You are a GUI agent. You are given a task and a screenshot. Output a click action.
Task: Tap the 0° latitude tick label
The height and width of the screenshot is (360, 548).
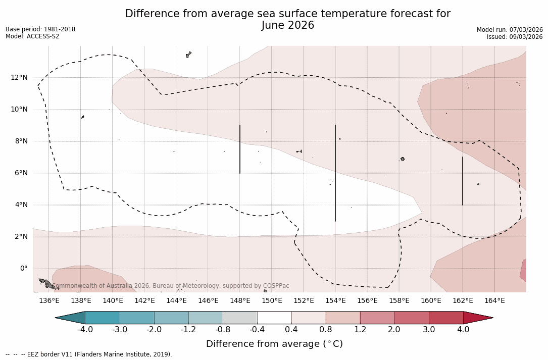pyautogui.click(x=24, y=268)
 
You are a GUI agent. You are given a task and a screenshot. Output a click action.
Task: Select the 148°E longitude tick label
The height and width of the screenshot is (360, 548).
pyautogui.click(x=240, y=301)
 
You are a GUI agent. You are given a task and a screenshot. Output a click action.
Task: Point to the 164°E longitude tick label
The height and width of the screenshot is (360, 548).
pyautogui.click(x=494, y=301)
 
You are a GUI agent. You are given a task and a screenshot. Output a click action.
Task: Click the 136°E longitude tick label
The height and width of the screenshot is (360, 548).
pyautogui.click(x=49, y=301)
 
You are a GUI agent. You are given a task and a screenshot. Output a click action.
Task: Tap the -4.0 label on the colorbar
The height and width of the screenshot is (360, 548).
pyautogui.click(x=85, y=330)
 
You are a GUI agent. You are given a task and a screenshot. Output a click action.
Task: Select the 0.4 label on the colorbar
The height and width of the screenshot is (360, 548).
pyautogui.click(x=291, y=330)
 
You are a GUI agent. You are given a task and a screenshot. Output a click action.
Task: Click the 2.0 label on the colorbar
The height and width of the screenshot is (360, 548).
pyautogui.click(x=394, y=330)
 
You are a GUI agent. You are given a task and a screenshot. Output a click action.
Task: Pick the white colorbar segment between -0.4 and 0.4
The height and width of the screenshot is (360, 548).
pyautogui.click(x=274, y=318)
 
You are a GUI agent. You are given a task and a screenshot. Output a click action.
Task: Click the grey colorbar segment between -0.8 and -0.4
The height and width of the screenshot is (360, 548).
pyautogui.click(x=240, y=318)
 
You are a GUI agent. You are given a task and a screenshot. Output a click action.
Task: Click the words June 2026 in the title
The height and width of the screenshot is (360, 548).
pyautogui.click(x=288, y=25)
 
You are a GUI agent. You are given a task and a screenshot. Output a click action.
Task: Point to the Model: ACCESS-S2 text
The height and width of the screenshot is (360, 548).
pyautogui.click(x=32, y=36)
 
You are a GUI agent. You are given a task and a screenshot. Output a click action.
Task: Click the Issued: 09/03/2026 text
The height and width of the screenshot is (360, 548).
pyautogui.click(x=515, y=37)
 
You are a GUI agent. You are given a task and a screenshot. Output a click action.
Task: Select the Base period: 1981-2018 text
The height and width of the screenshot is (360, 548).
pyautogui.click(x=40, y=29)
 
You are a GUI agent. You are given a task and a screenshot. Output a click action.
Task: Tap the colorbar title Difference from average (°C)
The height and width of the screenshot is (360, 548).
pyautogui.click(x=274, y=344)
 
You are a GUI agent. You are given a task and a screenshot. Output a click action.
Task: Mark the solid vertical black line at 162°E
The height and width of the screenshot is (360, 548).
pyautogui.click(x=463, y=181)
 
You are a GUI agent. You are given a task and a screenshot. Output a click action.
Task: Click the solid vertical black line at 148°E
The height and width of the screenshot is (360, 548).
pyautogui.click(x=240, y=149)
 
